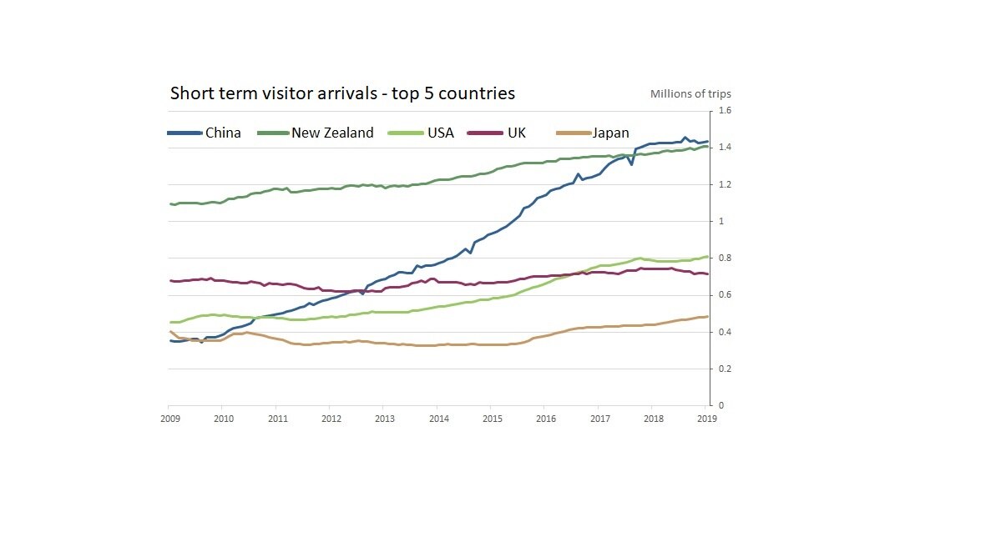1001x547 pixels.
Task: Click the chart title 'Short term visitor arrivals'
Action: (342, 93)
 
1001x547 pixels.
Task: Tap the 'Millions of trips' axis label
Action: (690, 93)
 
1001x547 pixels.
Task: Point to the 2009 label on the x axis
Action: (169, 419)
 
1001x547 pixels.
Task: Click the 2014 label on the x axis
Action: (438, 419)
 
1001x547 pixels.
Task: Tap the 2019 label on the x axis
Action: (706, 419)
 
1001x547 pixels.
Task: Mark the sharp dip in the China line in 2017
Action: (631, 164)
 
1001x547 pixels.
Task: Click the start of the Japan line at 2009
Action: (170, 332)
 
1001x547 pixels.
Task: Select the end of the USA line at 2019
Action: (708, 256)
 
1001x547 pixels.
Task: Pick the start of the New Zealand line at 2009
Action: (170, 203)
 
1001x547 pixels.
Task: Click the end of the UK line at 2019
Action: (708, 273)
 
